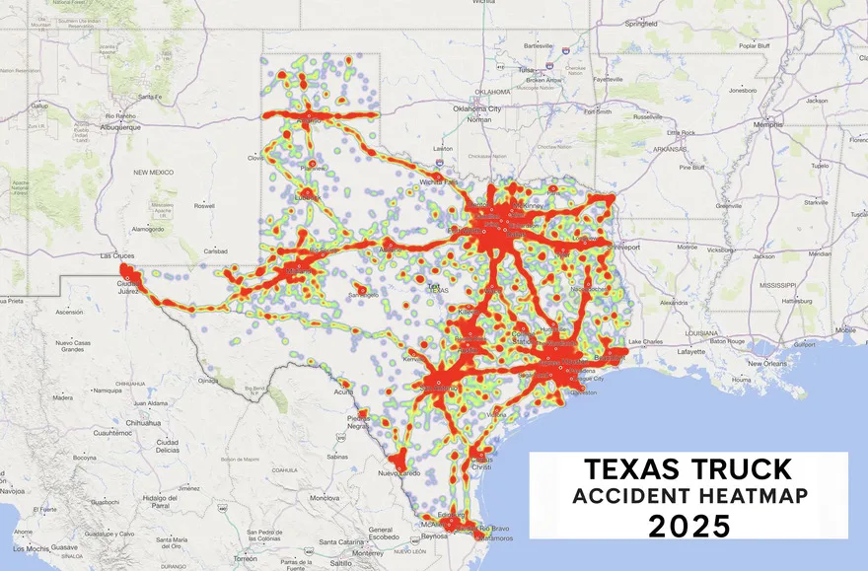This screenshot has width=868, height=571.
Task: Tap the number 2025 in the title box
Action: click(689, 527)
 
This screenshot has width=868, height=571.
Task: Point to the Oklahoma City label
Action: click(477, 108)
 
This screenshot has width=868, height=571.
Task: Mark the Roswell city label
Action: click(205, 206)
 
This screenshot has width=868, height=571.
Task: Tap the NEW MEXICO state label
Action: click(154, 172)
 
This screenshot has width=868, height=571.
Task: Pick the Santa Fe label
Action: click(150, 97)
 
